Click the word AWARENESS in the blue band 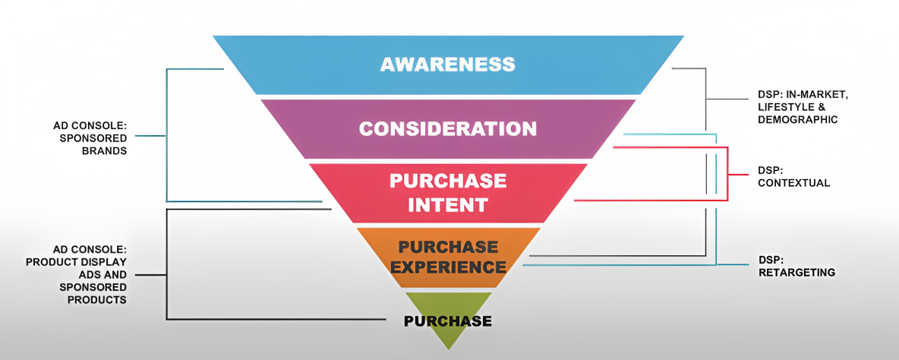(x=448, y=64)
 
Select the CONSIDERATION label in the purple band (x=448, y=128)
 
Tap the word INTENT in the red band (x=448, y=204)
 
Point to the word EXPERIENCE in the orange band (x=449, y=267)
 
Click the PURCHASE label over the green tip (x=448, y=321)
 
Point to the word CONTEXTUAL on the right (x=794, y=184)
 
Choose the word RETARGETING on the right (x=797, y=273)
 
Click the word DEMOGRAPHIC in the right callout (x=798, y=119)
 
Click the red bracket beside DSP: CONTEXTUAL (x=727, y=174)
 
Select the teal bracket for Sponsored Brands (x=166, y=135)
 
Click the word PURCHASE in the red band (x=448, y=181)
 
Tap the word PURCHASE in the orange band (x=449, y=247)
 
